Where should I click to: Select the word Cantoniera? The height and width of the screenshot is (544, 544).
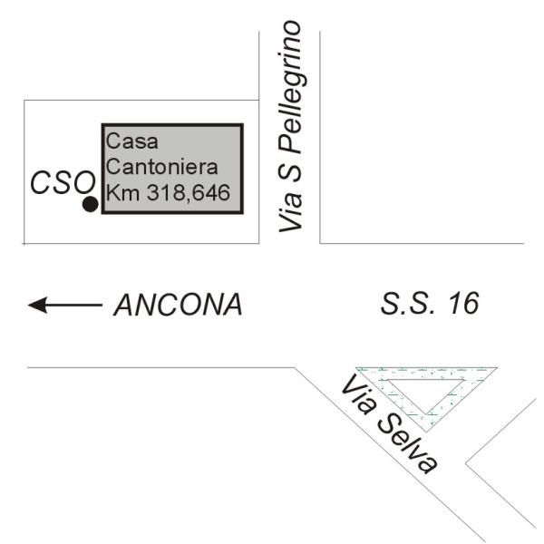click(151, 167)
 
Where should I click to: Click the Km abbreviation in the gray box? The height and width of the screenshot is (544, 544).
click(119, 192)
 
